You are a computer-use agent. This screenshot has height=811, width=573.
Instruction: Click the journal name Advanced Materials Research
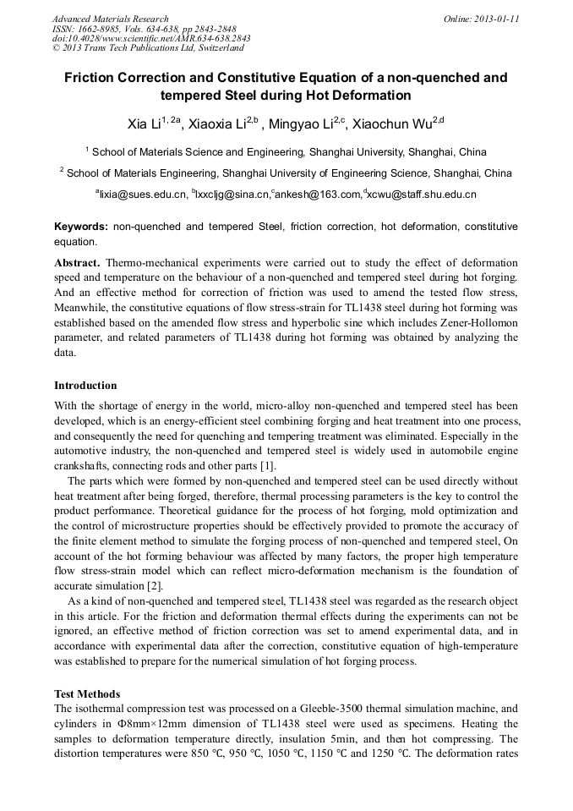point(110,19)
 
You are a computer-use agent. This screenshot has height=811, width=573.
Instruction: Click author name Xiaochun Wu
point(396,124)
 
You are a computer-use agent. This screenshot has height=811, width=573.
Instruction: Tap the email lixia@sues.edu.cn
point(141,195)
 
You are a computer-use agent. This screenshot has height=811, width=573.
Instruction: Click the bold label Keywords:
point(81,227)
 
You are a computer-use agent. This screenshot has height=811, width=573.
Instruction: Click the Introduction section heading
point(85,386)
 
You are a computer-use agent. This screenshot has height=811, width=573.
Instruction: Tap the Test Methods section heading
point(87,693)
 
